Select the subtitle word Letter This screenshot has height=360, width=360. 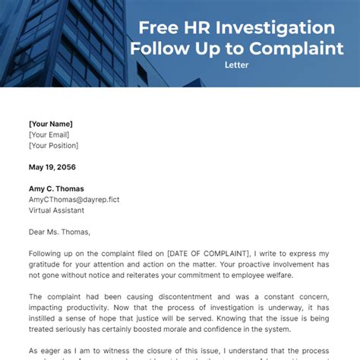(237, 65)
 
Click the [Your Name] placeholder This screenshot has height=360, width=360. (52, 123)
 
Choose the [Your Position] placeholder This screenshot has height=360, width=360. (54, 145)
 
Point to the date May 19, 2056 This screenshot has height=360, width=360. (52, 167)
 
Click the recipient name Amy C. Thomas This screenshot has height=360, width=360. (57, 188)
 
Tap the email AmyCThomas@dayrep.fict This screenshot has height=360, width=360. (74, 200)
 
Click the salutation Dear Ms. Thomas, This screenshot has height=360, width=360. (59, 232)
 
